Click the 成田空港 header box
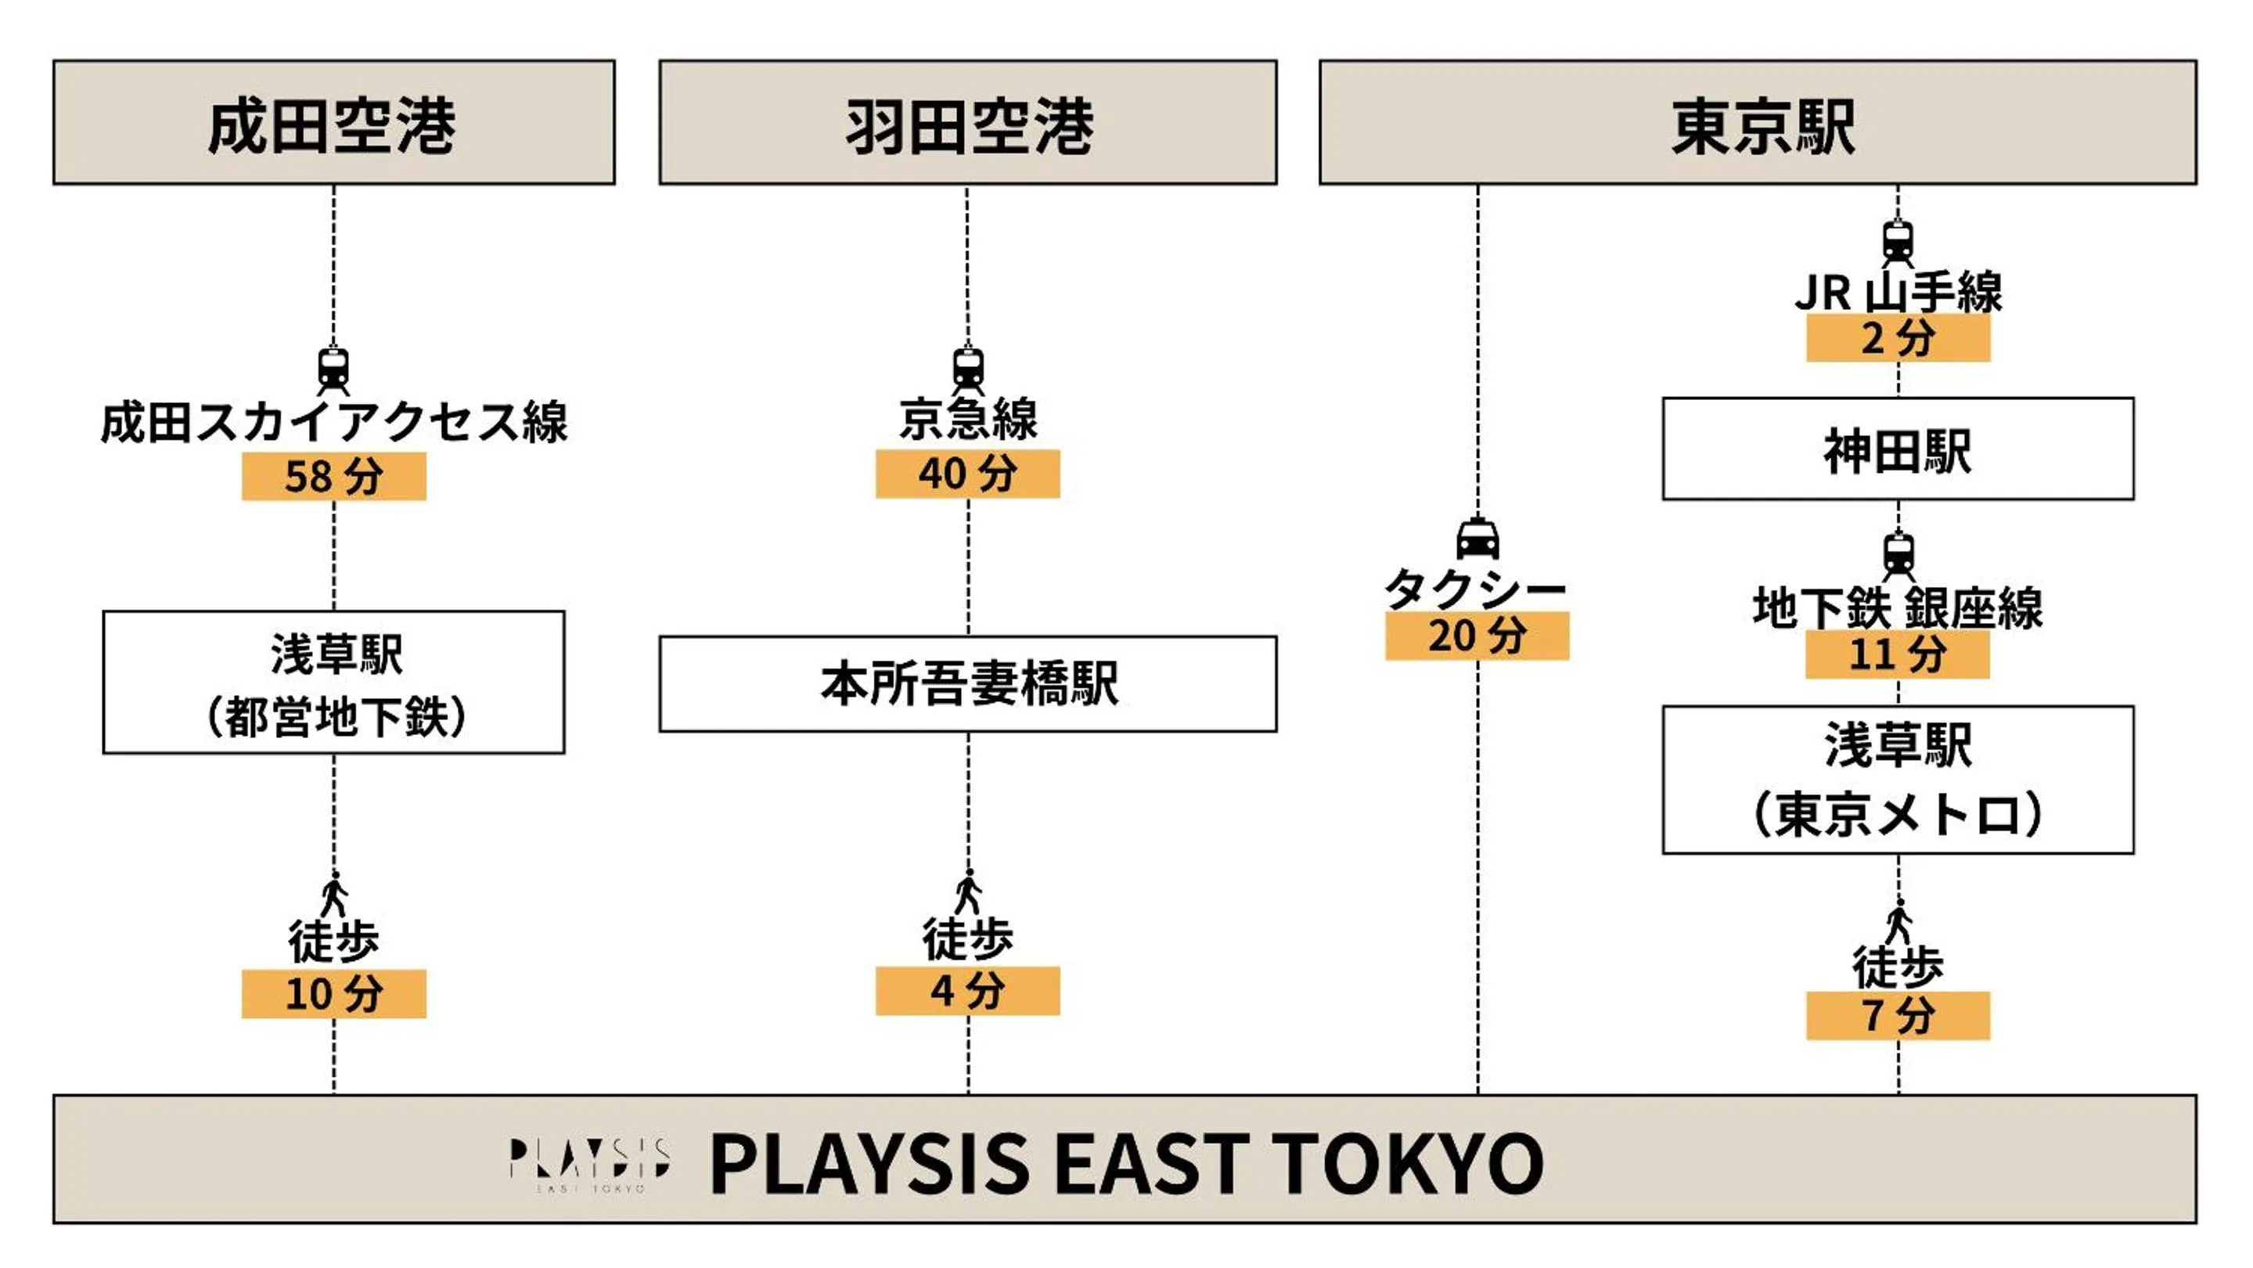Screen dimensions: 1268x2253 tap(333, 122)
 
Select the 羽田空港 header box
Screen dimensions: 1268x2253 tap(967, 122)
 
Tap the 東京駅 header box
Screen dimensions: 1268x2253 tap(1757, 122)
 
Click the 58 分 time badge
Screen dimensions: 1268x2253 tap(333, 477)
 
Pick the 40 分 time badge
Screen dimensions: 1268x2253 tap(967, 474)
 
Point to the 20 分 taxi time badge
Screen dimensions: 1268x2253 tap(1477, 636)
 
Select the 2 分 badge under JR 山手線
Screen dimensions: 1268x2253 tap(1898, 338)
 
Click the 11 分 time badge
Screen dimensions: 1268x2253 tap(1897, 655)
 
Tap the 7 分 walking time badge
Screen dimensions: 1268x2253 tap(1898, 1016)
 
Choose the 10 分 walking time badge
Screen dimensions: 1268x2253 tap(333, 994)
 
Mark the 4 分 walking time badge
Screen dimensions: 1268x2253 tap(967, 992)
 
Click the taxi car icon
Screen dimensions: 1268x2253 tap(1477, 539)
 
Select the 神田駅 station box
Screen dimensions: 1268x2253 tap(1897, 449)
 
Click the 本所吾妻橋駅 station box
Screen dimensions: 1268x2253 tap(967, 684)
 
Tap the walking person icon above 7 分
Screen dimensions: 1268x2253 tap(1898, 922)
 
